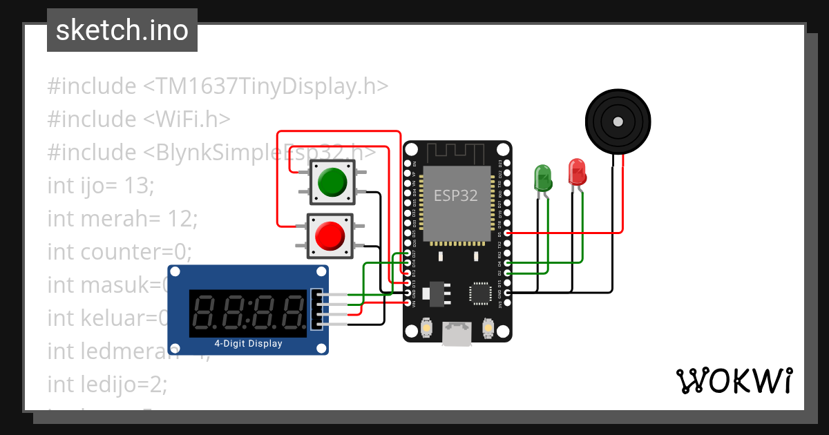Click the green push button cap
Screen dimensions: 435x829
pyautogui.click(x=332, y=182)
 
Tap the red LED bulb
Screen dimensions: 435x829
pyautogui.click(x=576, y=171)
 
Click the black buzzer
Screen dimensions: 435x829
pyautogui.click(x=617, y=123)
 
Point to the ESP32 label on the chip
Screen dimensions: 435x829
pyautogui.click(x=455, y=195)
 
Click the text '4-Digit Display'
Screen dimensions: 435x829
pyautogui.click(x=248, y=343)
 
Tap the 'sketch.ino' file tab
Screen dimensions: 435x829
pyautogui.click(x=122, y=30)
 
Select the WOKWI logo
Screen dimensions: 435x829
pyautogui.click(x=734, y=380)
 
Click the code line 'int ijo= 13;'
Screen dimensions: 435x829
pyautogui.click(x=101, y=185)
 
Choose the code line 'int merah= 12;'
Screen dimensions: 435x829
pyautogui.click(x=122, y=218)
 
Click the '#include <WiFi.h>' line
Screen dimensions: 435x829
pyautogui.click(x=138, y=119)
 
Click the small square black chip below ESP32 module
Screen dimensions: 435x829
pyautogui.click(x=479, y=293)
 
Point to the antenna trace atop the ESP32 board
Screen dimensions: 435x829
pyautogui.click(x=457, y=151)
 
